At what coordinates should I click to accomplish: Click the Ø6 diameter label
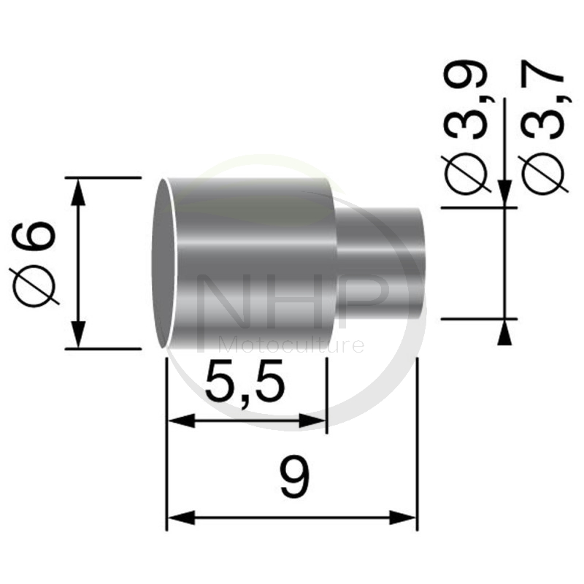(x=34, y=264)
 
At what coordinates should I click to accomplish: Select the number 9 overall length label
(x=295, y=476)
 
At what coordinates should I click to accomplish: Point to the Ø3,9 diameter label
(x=464, y=128)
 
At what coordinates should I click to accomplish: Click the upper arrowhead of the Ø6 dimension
(x=78, y=192)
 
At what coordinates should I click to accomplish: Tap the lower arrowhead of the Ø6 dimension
(x=78, y=334)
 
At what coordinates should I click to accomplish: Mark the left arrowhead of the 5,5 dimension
(x=182, y=422)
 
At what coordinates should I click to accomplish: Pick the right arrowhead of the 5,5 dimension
(x=313, y=422)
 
